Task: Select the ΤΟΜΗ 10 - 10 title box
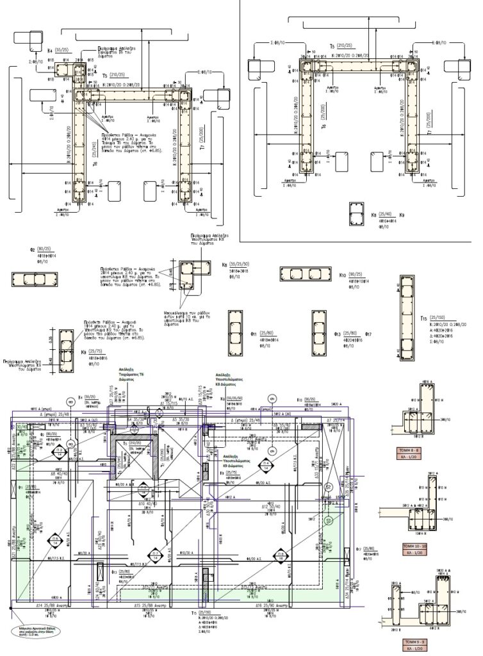pyautogui.click(x=419, y=546)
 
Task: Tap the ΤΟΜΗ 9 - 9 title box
pyautogui.click(x=419, y=641)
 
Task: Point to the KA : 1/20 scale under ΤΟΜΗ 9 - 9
pyautogui.click(x=419, y=649)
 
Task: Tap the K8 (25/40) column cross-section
pyautogui.click(x=356, y=215)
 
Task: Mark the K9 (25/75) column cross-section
pyautogui.click(x=67, y=351)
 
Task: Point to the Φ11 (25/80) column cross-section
pyautogui.click(x=234, y=333)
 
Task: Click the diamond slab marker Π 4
pyautogui.click(x=265, y=465)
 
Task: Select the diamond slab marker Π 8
pyautogui.click(x=281, y=556)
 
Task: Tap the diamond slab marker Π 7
pyautogui.click(x=155, y=556)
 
